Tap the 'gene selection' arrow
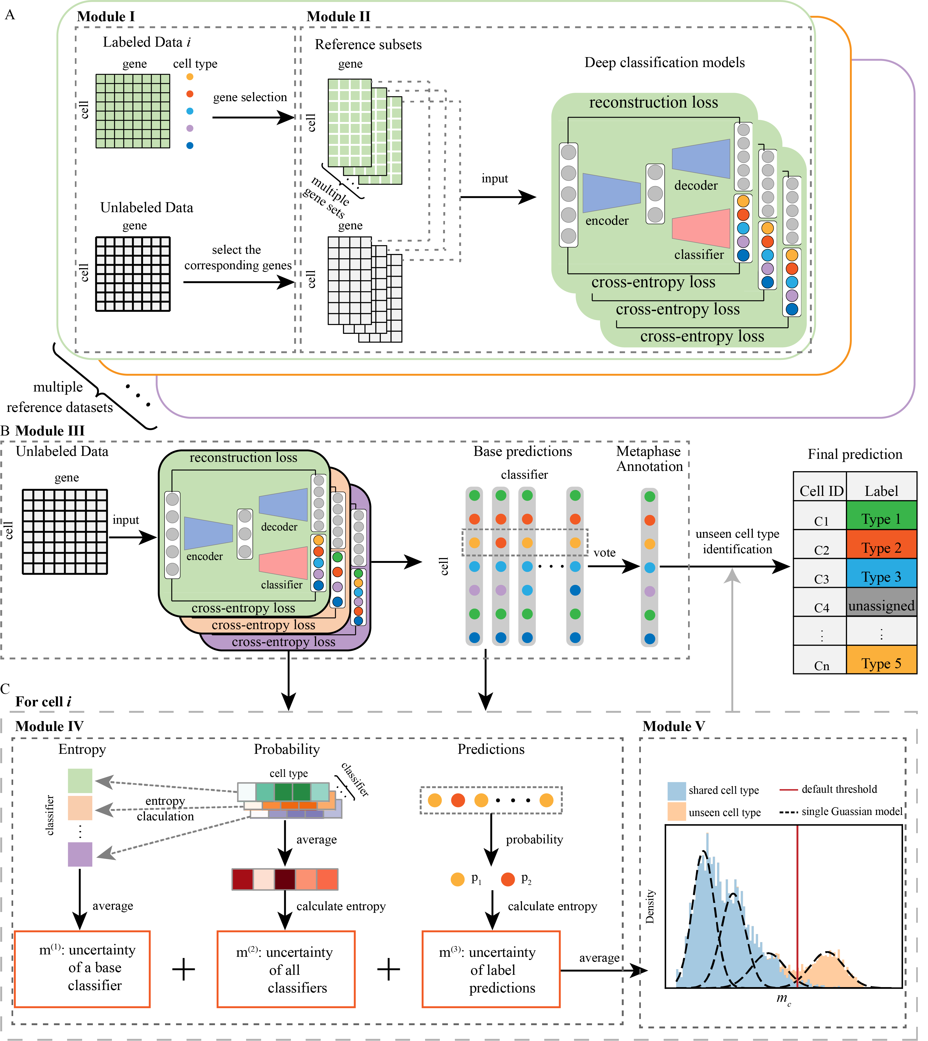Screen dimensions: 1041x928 pyautogui.click(x=252, y=118)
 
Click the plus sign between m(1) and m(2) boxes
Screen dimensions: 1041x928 pyautogui.click(x=184, y=969)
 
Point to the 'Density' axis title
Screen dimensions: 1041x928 pyautogui.click(x=650, y=907)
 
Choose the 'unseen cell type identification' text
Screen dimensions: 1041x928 pyautogui.click(x=737, y=541)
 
